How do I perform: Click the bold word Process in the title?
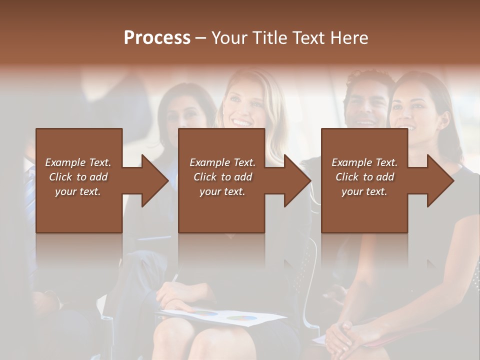157,38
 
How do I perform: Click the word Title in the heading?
269,38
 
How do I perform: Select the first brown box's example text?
78,177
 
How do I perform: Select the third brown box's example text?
364,177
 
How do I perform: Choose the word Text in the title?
312,38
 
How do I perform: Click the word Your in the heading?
228,38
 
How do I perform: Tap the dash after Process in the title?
201,38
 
